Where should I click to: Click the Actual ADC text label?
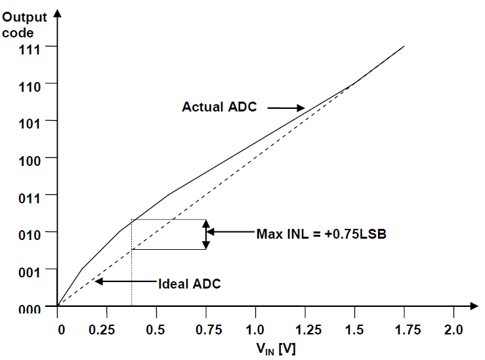[219, 107]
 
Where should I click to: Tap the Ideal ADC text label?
[190, 284]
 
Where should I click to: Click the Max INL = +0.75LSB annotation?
[320, 233]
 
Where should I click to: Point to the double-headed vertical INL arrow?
[206, 235]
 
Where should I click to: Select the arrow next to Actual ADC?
[285, 108]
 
